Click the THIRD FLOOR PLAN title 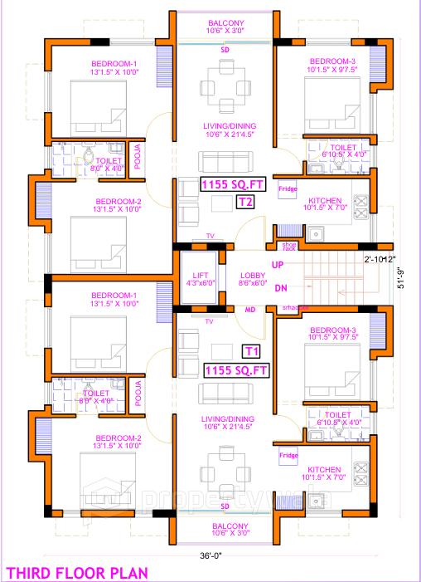(77, 572)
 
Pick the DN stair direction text (281, 288)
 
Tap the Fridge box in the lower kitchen (288, 456)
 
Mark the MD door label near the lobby (249, 310)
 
